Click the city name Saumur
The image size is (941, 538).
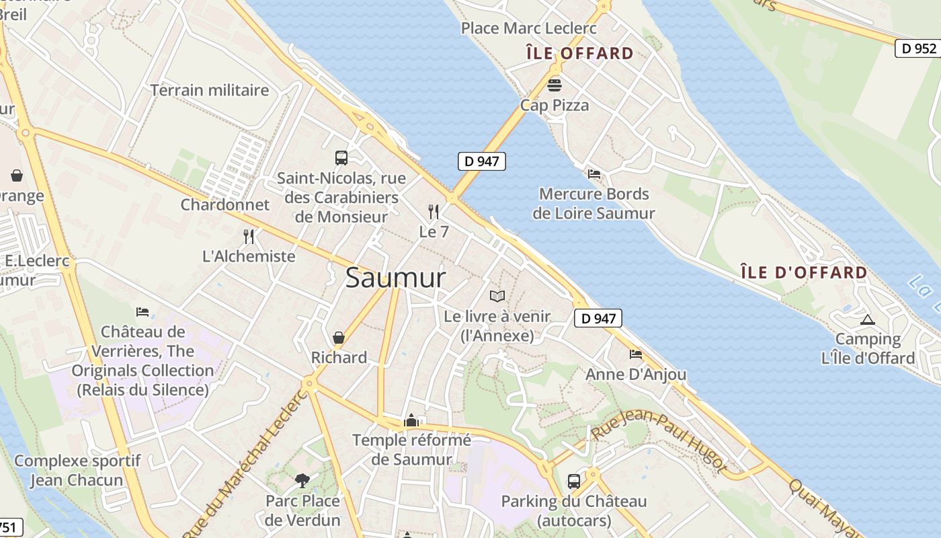395,278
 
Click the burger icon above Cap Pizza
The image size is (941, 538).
555,85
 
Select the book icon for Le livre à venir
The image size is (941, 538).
497,296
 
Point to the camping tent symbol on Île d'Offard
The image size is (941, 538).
868,319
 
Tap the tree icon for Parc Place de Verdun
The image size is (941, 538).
302,480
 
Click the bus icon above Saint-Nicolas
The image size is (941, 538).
341,158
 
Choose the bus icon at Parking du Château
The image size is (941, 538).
574,482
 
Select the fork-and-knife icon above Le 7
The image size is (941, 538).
434,212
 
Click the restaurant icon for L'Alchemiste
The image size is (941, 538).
249,236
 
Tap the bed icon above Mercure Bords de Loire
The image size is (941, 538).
594,174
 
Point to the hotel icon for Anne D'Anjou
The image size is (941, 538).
636,354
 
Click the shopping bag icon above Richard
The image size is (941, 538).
339,337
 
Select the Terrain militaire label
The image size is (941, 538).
210,90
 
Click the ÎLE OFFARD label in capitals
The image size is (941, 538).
579,53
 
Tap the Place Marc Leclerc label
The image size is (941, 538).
528,28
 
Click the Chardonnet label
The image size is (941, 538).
224,204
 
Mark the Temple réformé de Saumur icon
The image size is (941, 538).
411,421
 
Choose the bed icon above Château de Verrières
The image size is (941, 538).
142,312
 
